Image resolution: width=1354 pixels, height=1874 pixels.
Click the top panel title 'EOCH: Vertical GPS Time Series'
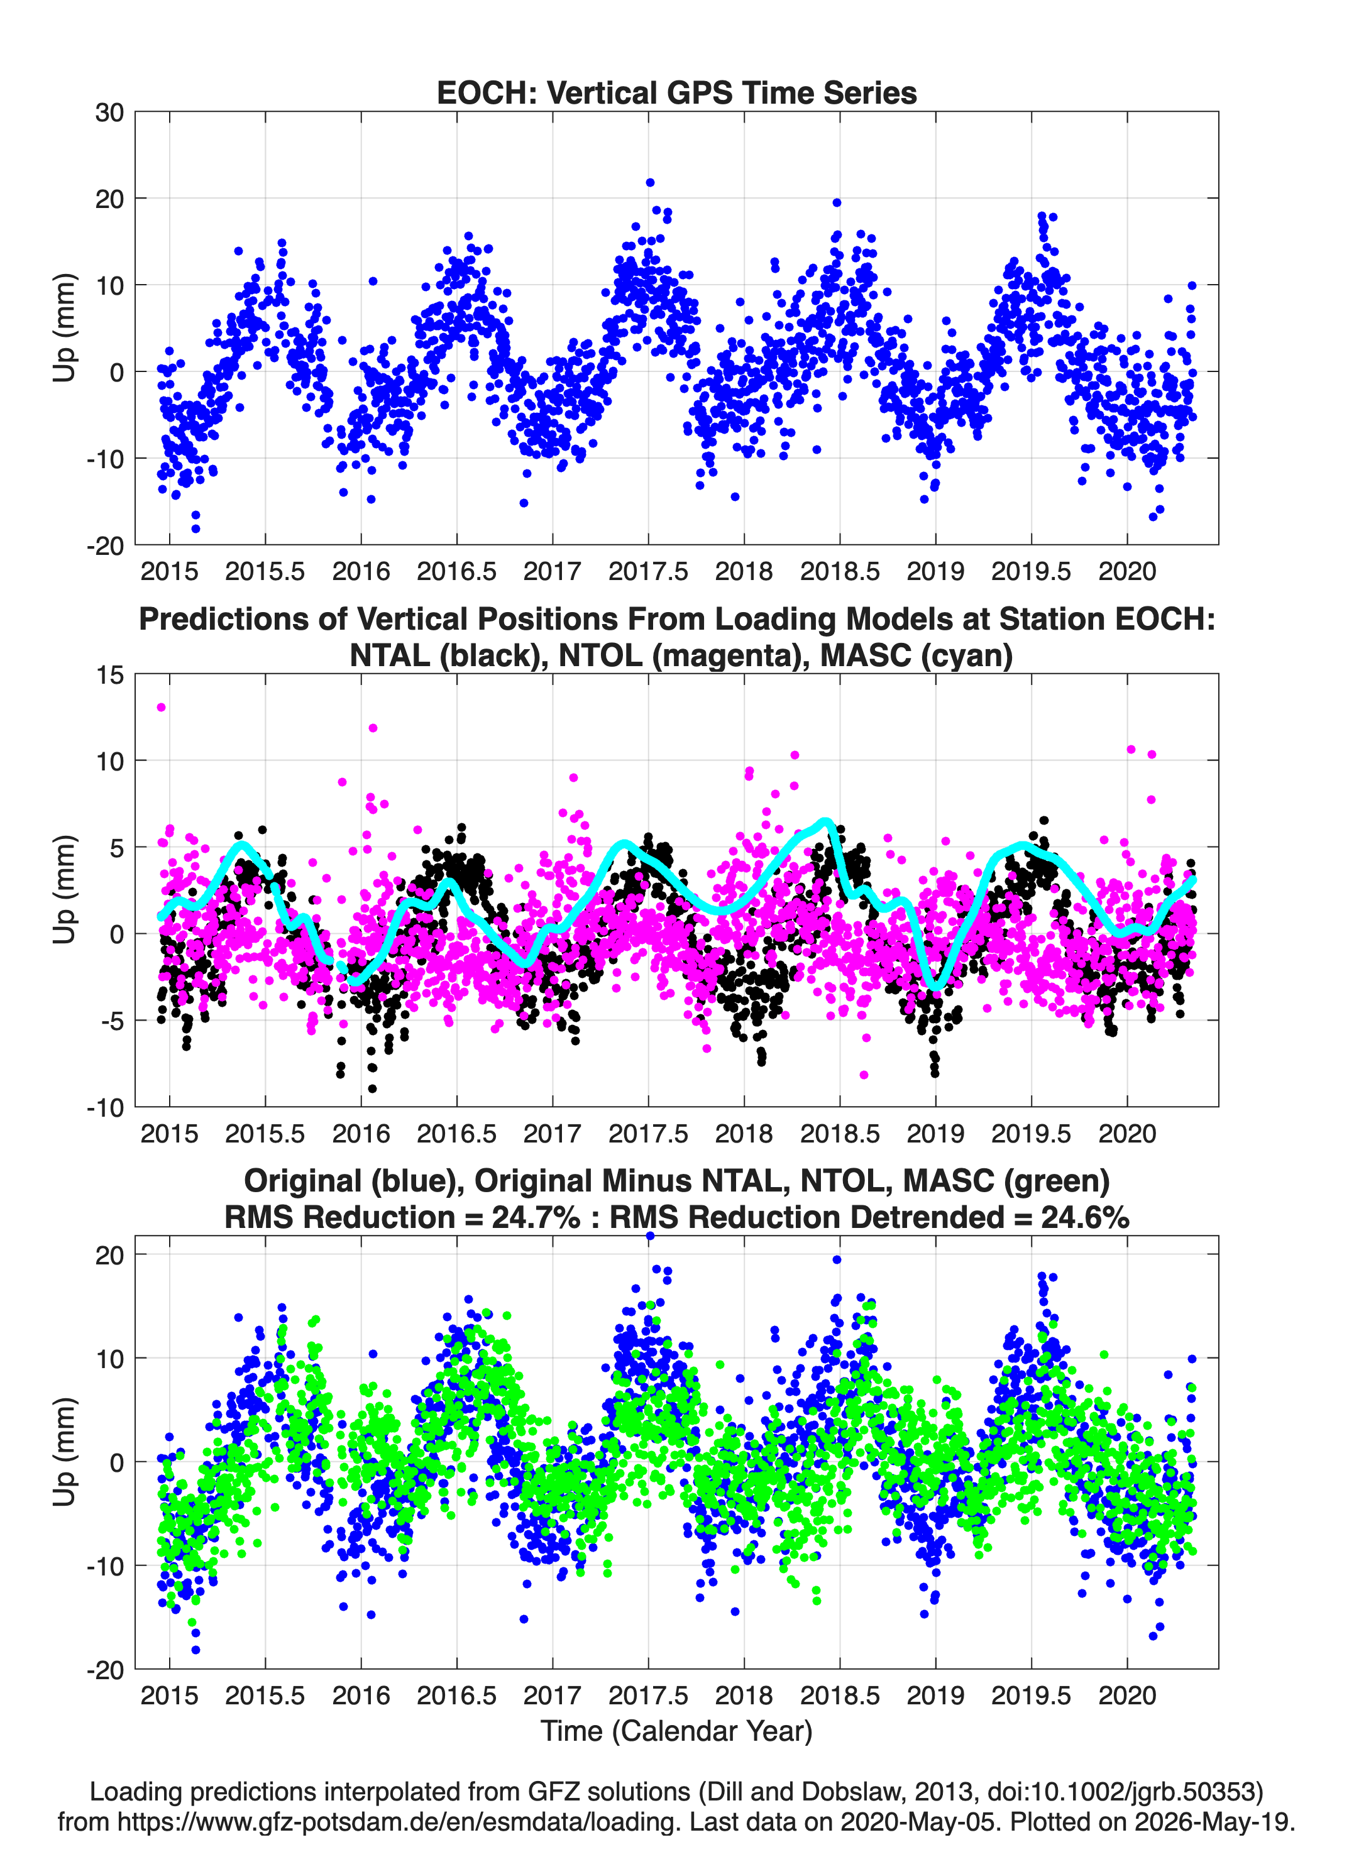pyautogui.click(x=676, y=92)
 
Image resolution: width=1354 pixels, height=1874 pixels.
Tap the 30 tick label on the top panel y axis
pyautogui.click(x=109, y=112)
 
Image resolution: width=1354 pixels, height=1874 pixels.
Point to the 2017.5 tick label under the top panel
pyautogui.click(x=648, y=571)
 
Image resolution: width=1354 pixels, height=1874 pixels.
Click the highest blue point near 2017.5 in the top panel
pyautogui.click(x=650, y=183)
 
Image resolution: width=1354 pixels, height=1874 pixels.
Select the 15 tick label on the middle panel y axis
pyautogui.click(x=109, y=674)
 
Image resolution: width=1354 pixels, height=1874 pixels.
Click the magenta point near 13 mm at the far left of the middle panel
pyautogui.click(x=161, y=707)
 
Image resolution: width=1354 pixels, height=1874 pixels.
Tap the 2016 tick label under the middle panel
pyautogui.click(x=361, y=1133)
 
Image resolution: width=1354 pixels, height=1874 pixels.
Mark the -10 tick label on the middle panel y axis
pyautogui.click(x=105, y=1107)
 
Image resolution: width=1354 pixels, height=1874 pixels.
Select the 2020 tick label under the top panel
pyautogui.click(x=1126, y=571)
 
